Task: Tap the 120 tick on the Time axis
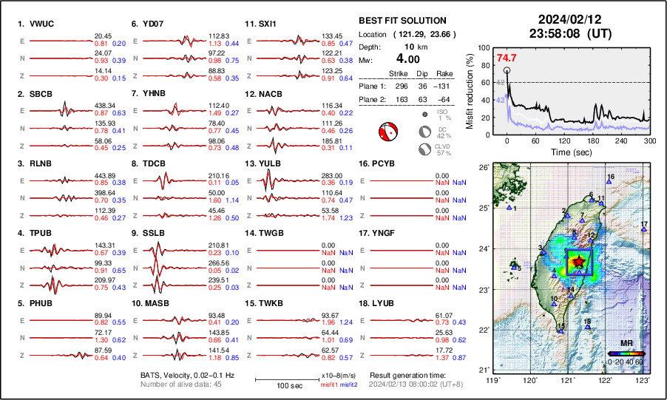[x=564, y=140]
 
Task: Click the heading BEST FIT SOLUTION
[x=402, y=21]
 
